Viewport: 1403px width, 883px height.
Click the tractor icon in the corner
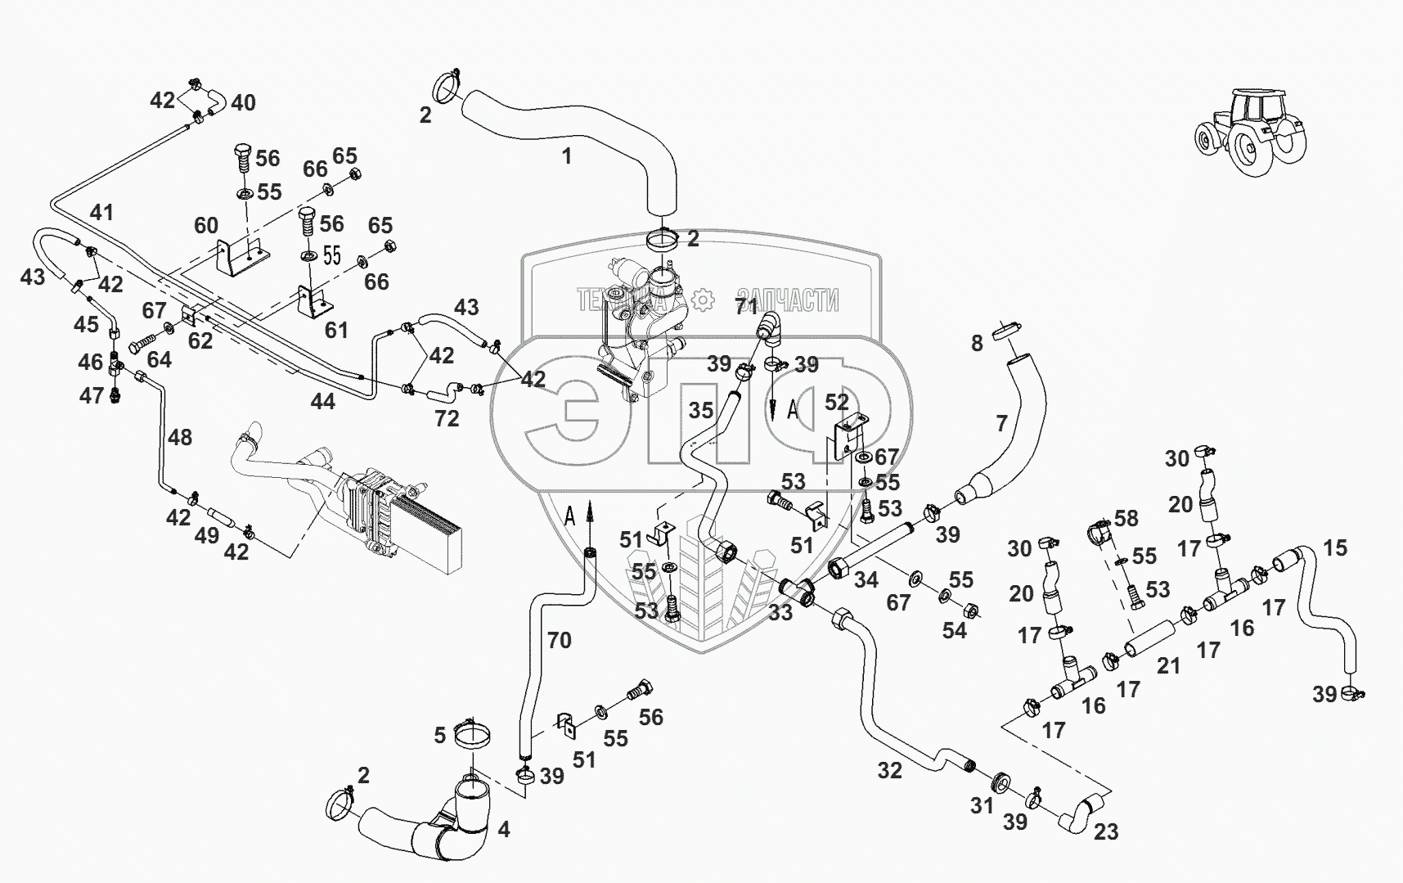(x=1250, y=131)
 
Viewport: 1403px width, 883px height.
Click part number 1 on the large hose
(x=567, y=155)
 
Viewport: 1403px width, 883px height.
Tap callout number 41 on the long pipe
(x=101, y=213)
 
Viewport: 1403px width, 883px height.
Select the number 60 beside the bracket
(x=206, y=225)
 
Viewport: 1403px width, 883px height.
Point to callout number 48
(x=180, y=438)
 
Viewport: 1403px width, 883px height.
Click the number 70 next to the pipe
(x=560, y=640)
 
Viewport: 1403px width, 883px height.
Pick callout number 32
(x=890, y=770)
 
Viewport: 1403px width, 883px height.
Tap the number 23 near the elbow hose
(x=1106, y=832)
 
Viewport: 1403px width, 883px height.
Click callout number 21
(x=1168, y=666)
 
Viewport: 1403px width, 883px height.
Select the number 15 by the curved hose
(x=1335, y=547)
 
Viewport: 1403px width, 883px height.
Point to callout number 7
(x=1002, y=423)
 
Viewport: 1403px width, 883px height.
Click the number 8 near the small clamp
(x=977, y=344)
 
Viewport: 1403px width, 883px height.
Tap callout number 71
(x=746, y=307)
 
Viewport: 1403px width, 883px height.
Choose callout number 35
(x=701, y=411)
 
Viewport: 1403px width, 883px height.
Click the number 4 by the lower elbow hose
(x=504, y=830)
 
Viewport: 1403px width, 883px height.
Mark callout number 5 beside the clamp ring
(x=439, y=735)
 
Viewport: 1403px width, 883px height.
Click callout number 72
(x=447, y=419)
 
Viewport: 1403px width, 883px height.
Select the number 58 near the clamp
(x=1126, y=518)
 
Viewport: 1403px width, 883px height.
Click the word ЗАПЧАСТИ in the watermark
(x=787, y=300)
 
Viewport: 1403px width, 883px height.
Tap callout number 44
(x=322, y=402)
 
